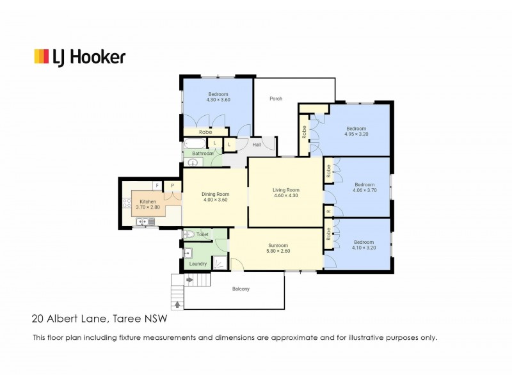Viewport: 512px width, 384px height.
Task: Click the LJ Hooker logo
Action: pos(79,56)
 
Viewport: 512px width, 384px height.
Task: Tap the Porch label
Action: pos(276,99)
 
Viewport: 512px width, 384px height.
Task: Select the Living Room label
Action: pos(286,190)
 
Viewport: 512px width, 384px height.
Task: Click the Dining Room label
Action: pos(215,194)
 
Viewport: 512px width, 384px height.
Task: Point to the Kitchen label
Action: pos(148,202)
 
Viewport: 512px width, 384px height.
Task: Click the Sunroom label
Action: pos(278,245)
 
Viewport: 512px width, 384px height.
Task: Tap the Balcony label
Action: pos(240,289)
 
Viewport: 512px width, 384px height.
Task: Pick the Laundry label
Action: pos(198,264)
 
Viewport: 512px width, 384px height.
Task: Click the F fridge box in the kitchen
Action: pos(157,186)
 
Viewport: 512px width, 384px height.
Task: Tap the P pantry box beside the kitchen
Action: pos(172,186)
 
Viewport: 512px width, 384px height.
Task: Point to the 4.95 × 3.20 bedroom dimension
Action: pos(357,134)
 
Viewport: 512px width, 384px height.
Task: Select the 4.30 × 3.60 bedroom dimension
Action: pos(218,100)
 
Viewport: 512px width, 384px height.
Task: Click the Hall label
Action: pos(257,145)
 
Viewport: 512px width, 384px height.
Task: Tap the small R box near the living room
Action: pos(328,211)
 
